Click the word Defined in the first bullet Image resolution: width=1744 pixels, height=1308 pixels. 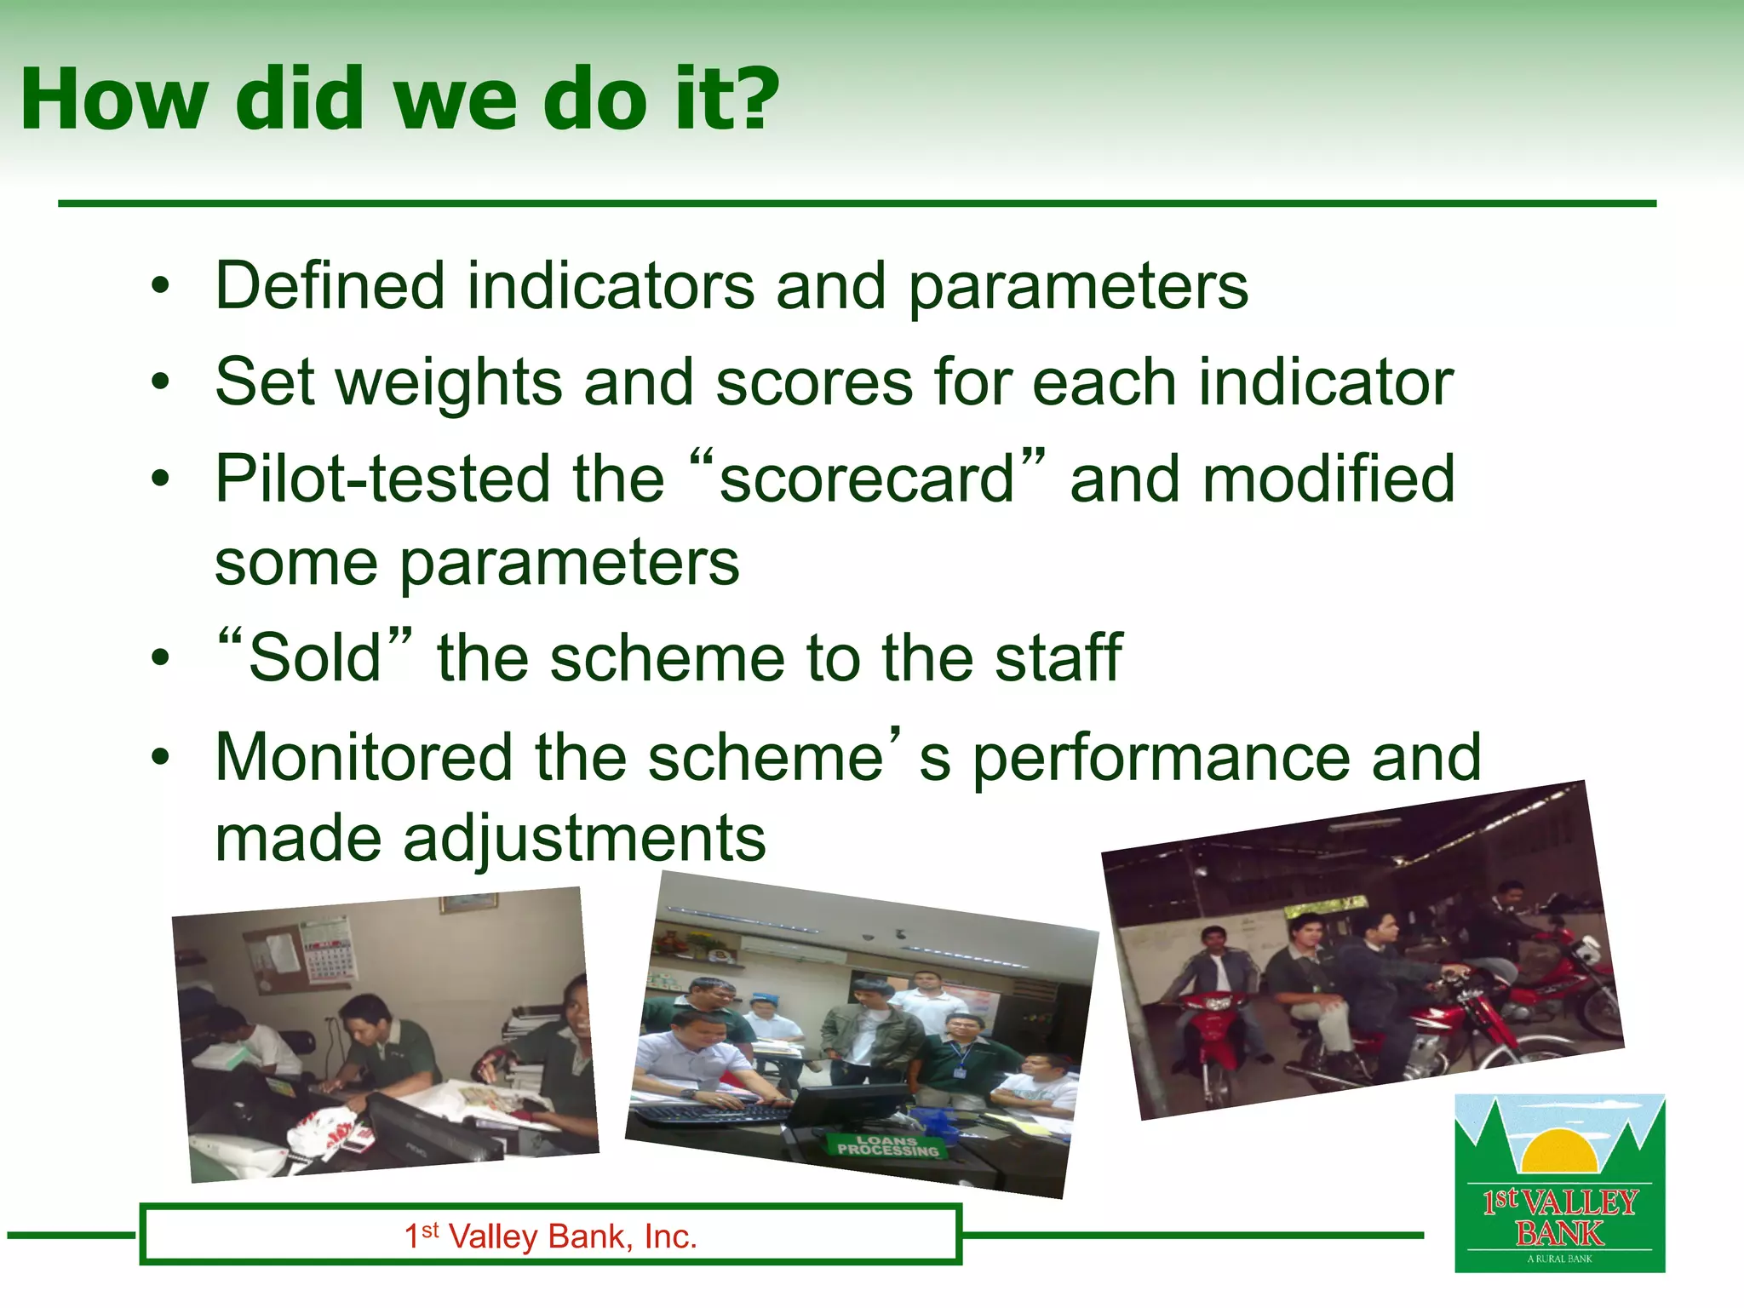[330, 285]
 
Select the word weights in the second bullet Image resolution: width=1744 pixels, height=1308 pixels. [450, 383]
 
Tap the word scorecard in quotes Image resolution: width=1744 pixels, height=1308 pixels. [867, 479]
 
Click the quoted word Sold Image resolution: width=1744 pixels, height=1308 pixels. [315, 658]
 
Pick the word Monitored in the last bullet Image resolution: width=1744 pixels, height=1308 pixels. [363, 757]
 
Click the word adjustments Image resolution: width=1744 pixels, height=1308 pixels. [584, 839]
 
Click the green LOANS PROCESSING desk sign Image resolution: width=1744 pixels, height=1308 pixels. [886, 1146]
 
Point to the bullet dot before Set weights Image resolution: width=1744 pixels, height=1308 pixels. [160, 383]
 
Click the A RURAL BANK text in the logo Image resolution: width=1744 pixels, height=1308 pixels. [1559, 1259]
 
